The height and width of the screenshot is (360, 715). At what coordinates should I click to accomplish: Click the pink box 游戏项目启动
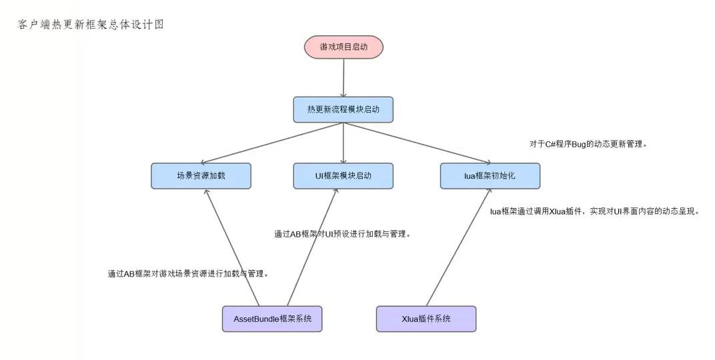click(x=343, y=47)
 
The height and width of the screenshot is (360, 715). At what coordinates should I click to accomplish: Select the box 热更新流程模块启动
click(x=343, y=109)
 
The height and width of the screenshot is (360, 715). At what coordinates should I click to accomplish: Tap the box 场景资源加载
click(x=201, y=176)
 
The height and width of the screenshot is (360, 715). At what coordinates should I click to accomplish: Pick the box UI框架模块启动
click(x=343, y=176)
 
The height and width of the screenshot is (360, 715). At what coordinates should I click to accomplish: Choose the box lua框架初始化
click(x=490, y=176)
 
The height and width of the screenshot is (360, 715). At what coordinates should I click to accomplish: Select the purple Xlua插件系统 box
click(x=426, y=319)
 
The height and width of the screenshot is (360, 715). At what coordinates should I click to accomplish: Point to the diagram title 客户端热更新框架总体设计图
click(x=90, y=25)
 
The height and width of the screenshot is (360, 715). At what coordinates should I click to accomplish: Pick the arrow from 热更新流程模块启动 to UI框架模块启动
click(x=343, y=143)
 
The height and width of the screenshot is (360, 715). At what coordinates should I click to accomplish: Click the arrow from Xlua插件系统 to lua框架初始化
click(x=458, y=247)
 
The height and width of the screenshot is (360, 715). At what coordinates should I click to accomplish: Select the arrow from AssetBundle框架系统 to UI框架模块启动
click(x=312, y=247)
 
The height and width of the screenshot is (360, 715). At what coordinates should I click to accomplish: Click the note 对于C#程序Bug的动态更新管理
click(x=588, y=143)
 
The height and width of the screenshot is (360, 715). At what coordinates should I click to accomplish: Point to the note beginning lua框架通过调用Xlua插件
click(x=594, y=211)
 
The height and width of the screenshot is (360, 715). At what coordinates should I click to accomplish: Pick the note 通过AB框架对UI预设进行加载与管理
click(x=341, y=234)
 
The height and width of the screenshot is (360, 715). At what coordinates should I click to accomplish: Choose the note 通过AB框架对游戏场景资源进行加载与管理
click(x=188, y=273)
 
